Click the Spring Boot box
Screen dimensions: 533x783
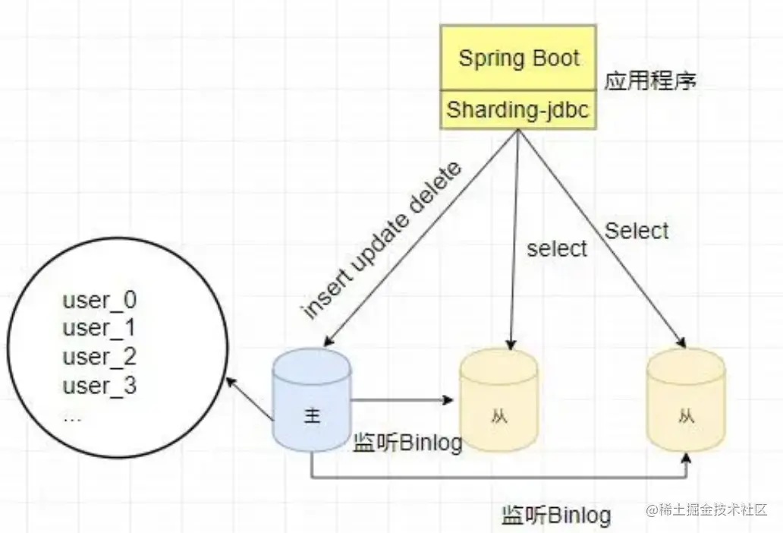coord(518,58)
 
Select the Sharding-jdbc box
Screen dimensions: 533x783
coord(518,109)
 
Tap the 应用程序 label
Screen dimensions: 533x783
coord(650,81)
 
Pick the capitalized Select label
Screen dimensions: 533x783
coord(637,230)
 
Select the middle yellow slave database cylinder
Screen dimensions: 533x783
coord(498,402)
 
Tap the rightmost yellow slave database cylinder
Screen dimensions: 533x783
coord(686,402)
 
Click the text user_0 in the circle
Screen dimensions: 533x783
coord(99,300)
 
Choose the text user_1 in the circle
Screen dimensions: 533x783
coord(99,328)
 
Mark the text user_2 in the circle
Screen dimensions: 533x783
coord(99,357)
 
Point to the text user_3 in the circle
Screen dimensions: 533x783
coord(99,386)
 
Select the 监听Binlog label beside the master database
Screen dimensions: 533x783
coord(407,443)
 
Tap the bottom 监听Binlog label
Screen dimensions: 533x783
coord(556,516)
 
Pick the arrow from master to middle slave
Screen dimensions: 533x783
coord(402,400)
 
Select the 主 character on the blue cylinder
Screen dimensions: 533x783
coord(312,416)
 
